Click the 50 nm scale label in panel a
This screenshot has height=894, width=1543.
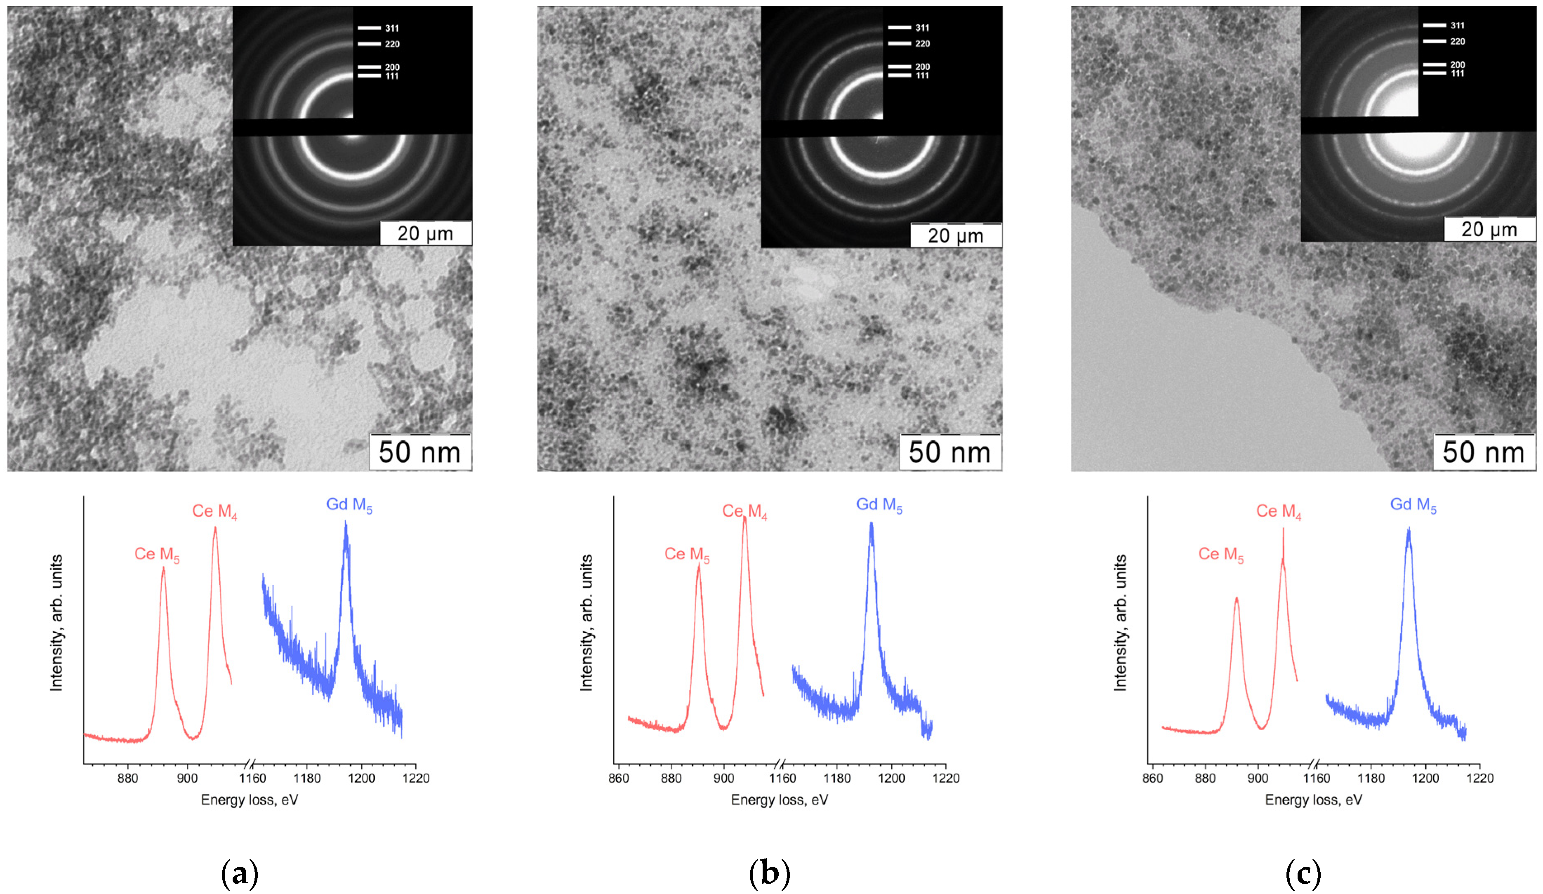[x=419, y=452]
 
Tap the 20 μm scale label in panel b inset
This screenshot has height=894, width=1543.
[x=955, y=236]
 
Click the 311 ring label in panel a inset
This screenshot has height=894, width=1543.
[x=392, y=28]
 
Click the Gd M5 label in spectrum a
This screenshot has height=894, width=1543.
[x=349, y=505]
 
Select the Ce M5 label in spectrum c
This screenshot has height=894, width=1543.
[x=1220, y=555]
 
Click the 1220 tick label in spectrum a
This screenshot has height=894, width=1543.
[x=416, y=778]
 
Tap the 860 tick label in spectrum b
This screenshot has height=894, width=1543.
[x=618, y=778]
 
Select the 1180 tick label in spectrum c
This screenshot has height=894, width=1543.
[x=1371, y=778]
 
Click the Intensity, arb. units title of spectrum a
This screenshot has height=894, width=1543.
[x=57, y=623]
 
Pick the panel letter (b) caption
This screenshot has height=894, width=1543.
[x=770, y=874]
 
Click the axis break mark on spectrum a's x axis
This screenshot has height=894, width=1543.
[x=249, y=764]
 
